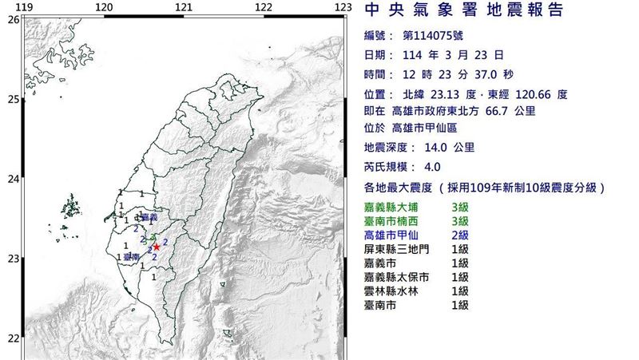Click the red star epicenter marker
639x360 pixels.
point(157,247)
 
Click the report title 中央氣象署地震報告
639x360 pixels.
point(463,11)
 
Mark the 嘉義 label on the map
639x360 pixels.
point(149,217)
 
